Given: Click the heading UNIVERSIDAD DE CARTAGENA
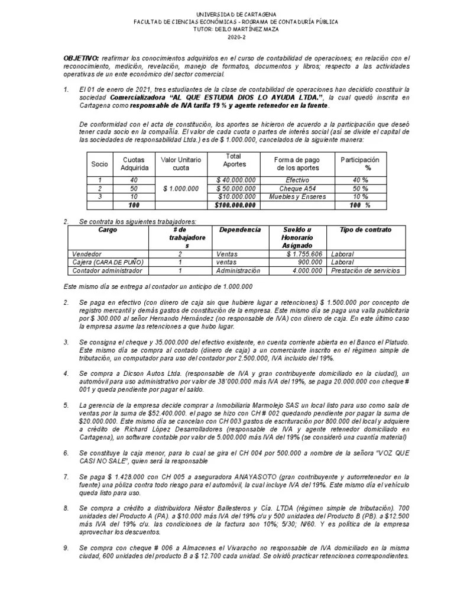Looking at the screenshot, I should (x=227, y=14).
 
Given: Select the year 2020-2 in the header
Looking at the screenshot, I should (x=227, y=37).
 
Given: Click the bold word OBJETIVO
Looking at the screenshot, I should (x=81, y=59).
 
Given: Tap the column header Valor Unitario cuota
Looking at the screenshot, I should (x=181, y=163).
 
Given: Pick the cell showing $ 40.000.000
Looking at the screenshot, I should (x=236, y=180).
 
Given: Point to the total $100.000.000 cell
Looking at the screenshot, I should (x=235, y=205).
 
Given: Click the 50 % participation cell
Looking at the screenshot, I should (x=360, y=188).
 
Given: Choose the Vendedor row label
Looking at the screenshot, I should (x=86, y=253).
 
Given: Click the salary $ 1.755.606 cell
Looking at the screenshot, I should (x=303, y=253).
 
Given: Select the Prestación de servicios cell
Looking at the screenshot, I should (x=365, y=270).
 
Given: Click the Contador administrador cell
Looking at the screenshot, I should (x=107, y=270).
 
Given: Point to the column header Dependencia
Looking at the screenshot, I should (x=239, y=230).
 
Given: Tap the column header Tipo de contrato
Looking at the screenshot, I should (x=365, y=230).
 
